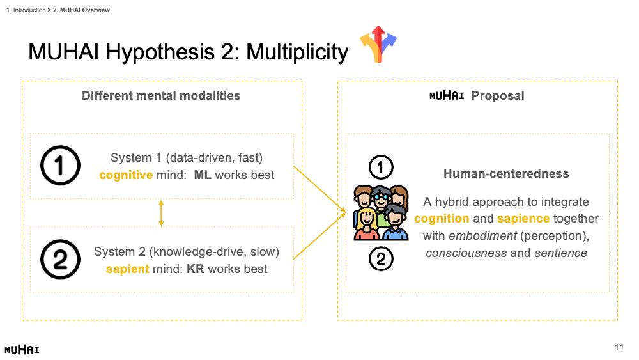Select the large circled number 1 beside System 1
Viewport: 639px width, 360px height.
[x=61, y=166]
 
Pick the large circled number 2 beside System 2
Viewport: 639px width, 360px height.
[x=61, y=260]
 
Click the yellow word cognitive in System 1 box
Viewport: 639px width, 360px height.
[x=125, y=175]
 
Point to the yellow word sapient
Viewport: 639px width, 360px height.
[x=127, y=269]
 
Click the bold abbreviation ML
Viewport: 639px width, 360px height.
[x=203, y=175]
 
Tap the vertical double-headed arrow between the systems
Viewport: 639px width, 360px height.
[x=161, y=213]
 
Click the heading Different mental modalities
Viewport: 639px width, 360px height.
[x=161, y=96]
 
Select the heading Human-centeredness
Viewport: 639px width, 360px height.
[x=506, y=174]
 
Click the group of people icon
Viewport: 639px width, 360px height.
[x=381, y=213]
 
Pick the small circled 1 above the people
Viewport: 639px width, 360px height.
[x=381, y=168]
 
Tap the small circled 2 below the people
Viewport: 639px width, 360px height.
[x=381, y=259]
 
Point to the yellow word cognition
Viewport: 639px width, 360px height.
[x=442, y=219]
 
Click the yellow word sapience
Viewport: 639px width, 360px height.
[x=523, y=219]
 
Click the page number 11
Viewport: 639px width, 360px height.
[x=619, y=348]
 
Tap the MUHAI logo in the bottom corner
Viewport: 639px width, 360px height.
[x=22, y=349]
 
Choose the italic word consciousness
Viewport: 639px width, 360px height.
[x=466, y=253]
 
